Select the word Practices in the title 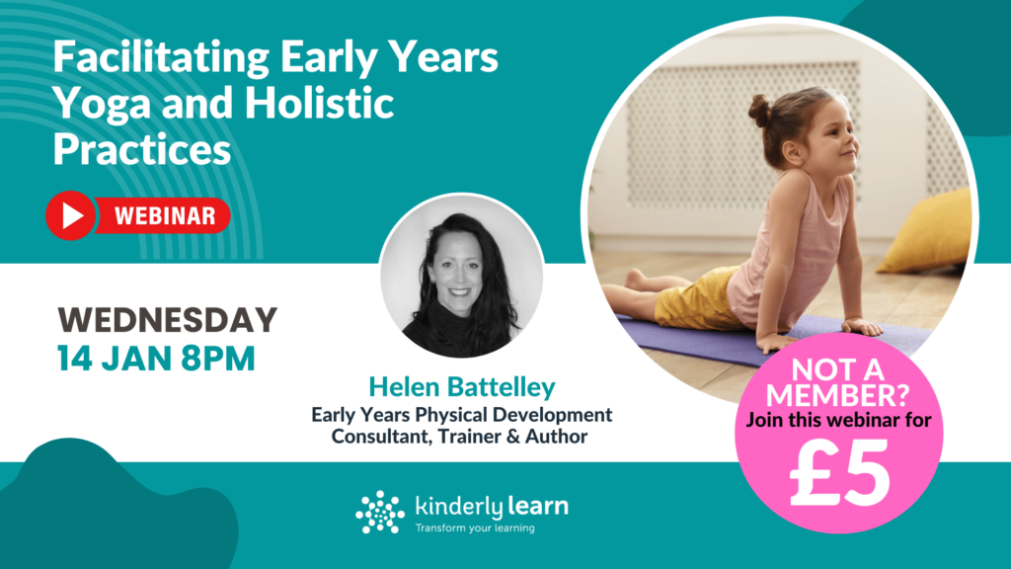pos(141,150)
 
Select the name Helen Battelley pos(461,387)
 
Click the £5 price pos(840,476)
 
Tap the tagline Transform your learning pos(475,528)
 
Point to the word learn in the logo pos(537,507)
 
